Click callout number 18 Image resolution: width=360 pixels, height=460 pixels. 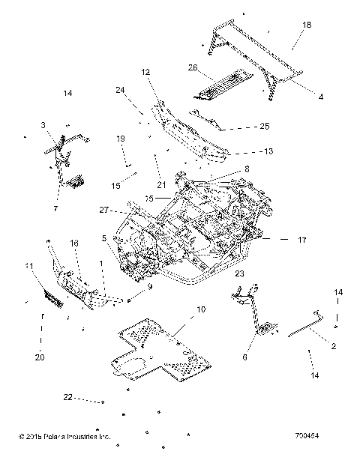pos(306,25)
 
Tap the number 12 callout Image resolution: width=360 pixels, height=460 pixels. pos(145,73)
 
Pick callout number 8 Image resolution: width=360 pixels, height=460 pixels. pos(247,169)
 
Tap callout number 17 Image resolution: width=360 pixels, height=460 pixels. pos(302,240)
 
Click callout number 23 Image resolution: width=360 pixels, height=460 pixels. pos(239,274)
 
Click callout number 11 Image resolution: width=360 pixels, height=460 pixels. pos(28,266)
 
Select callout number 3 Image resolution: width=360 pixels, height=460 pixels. pos(43,125)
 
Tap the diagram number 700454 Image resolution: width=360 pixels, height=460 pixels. pos(328,434)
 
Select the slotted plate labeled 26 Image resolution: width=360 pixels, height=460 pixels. pos(221,81)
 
